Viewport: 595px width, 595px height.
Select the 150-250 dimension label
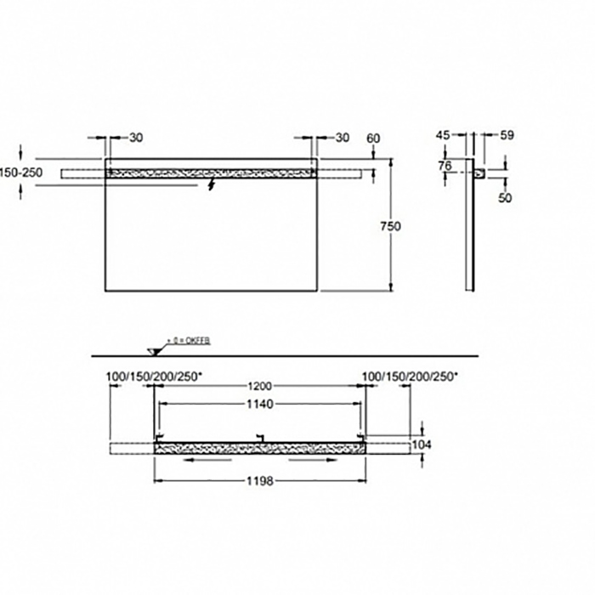pos(21,172)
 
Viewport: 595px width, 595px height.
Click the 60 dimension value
pos(372,138)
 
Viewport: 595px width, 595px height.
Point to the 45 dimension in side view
pos(442,134)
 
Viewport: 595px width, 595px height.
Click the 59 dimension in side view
pos(508,134)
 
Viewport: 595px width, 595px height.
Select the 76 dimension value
pos(445,167)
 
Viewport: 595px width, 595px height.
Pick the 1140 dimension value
pos(258,405)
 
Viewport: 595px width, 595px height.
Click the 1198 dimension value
pos(258,481)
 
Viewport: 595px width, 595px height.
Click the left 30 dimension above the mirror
pos(136,138)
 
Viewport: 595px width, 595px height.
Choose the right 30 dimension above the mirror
pos(342,138)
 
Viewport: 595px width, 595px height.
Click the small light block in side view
pos(480,173)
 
